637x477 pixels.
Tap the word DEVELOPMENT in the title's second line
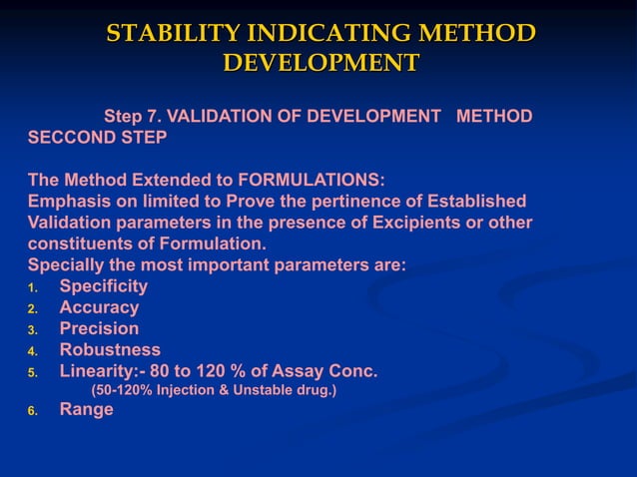point(319,63)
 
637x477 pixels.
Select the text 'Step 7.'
point(135,117)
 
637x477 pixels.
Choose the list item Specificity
point(104,286)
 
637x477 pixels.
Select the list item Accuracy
point(99,307)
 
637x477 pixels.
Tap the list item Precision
point(99,328)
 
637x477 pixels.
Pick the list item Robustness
point(110,349)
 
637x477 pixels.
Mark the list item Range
point(87,408)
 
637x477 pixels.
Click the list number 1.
point(32,288)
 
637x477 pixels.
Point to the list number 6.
point(32,410)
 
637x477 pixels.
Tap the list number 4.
point(32,351)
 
